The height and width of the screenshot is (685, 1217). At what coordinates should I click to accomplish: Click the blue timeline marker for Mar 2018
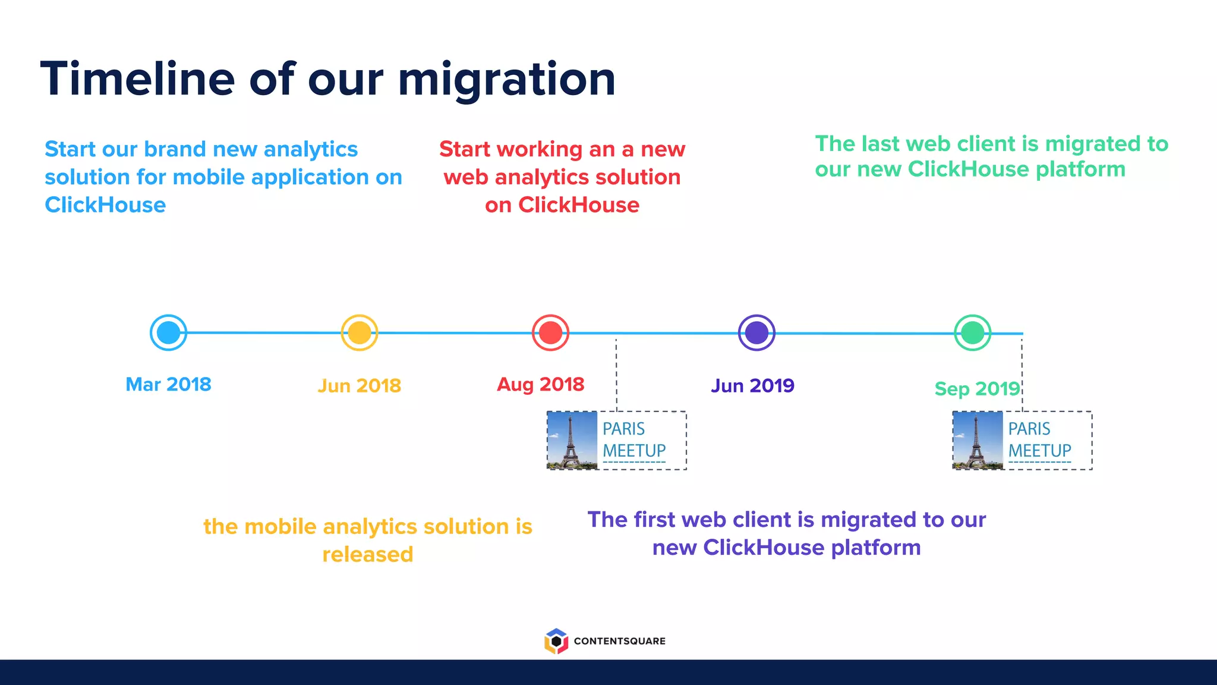tap(168, 333)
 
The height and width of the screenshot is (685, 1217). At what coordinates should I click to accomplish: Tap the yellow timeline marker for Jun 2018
tap(360, 333)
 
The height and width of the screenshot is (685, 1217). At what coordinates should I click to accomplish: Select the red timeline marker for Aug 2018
tap(550, 333)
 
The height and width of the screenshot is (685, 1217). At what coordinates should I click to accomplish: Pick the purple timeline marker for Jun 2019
tap(756, 333)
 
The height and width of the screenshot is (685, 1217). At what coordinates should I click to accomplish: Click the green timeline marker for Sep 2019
tap(972, 333)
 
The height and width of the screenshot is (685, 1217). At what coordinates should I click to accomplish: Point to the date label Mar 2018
tap(168, 384)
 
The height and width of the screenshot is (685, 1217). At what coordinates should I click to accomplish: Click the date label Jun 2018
tap(360, 385)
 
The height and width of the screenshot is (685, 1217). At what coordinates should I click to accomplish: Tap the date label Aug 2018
tap(540, 384)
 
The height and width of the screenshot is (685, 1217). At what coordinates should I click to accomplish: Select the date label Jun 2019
tap(752, 385)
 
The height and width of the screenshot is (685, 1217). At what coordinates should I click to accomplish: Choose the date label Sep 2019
tap(977, 388)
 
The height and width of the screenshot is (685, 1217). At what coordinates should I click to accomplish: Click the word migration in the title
tap(506, 80)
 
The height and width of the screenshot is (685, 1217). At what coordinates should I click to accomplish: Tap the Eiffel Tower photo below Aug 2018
tap(572, 441)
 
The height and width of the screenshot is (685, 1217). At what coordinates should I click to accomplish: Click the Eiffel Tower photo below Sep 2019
tap(978, 441)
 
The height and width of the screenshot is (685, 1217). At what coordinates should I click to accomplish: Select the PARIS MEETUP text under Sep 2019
tap(1039, 440)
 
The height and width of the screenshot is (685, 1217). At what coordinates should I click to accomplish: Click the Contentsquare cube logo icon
tap(556, 641)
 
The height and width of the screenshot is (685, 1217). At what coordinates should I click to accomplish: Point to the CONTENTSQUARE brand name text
tap(619, 641)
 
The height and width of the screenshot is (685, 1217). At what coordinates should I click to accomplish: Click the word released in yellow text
tap(367, 554)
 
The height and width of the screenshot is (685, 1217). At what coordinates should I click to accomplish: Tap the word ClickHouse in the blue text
tap(105, 205)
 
